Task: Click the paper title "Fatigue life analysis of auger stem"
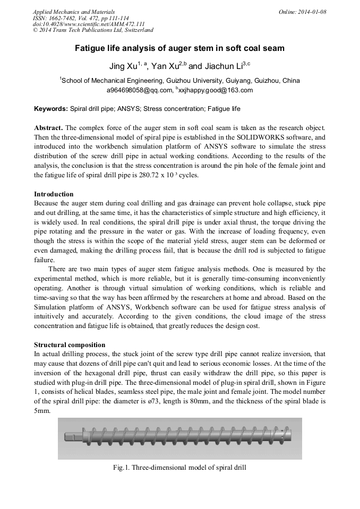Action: pyautogui.click(x=179, y=48)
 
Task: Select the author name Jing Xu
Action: pyautogui.click(x=122, y=66)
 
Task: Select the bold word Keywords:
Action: pyautogui.click(x=51, y=109)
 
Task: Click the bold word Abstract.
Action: pyautogui.click(x=49, y=128)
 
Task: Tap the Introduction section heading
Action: pyautogui.click(x=54, y=194)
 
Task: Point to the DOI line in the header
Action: pyautogui.click(x=89, y=24)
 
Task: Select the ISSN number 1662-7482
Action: pyautogui.click(x=64, y=18)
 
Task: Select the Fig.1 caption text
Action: pyautogui.click(x=179, y=468)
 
